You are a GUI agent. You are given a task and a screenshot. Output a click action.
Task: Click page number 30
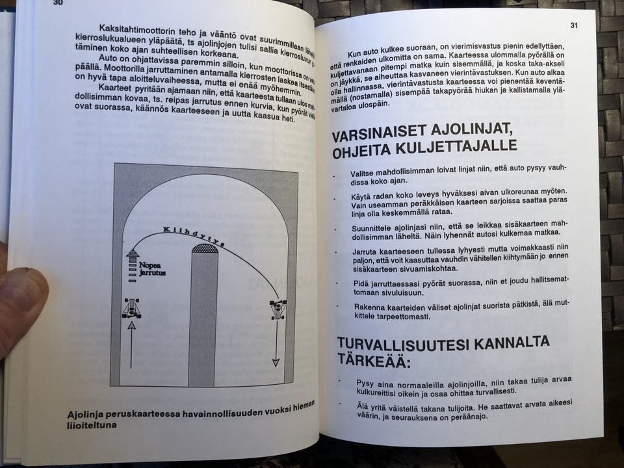(x=58, y=3)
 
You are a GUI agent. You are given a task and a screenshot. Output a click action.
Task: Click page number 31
(x=574, y=25)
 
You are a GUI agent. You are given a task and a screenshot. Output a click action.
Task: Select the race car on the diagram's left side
(x=131, y=307)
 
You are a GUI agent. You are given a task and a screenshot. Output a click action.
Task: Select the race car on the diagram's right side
(x=278, y=309)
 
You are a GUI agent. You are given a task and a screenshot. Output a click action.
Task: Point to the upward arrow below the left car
(x=131, y=344)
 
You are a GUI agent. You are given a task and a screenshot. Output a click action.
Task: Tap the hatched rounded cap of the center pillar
(x=205, y=249)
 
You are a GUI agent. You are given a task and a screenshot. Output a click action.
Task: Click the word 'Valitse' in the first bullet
(x=365, y=174)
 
